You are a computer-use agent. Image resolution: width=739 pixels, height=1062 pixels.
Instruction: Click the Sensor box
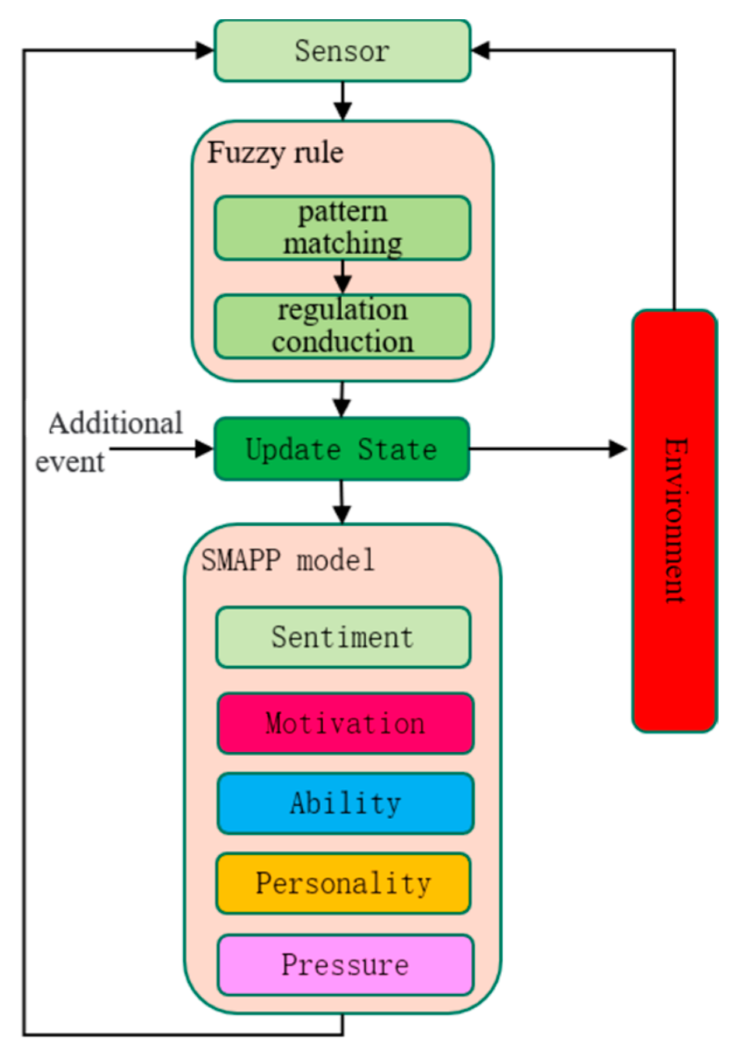pyautogui.click(x=342, y=51)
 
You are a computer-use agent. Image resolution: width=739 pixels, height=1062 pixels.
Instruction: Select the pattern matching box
pyautogui.click(x=342, y=228)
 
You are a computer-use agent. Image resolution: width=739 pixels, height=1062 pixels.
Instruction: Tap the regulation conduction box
pyautogui.click(x=342, y=326)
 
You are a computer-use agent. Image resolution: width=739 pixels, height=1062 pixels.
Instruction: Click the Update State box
pyautogui.click(x=342, y=449)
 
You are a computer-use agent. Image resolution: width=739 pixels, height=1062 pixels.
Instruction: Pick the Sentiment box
pyautogui.click(x=342, y=637)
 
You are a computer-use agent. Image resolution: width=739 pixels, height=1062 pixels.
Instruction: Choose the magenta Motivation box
pyautogui.click(x=345, y=723)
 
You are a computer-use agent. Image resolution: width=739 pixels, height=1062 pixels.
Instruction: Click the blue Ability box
pyautogui.click(x=345, y=803)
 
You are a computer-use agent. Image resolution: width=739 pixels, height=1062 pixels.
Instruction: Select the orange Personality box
pyautogui.click(x=342, y=883)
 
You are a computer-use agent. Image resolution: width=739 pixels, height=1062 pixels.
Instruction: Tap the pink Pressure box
pyautogui.click(x=345, y=965)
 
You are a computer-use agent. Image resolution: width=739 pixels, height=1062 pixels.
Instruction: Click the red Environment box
pyautogui.click(x=674, y=520)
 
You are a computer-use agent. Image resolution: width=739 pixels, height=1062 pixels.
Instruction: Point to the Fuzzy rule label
pyautogui.click(x=275, y=153)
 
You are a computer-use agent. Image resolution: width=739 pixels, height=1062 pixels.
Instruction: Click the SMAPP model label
pyautogui.click(x=288, y=560)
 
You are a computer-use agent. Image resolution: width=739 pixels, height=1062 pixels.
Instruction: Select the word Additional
pyautogui.click(x=115, y=423)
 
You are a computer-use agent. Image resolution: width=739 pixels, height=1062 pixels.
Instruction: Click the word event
pyautogui.click(x=69, y=462)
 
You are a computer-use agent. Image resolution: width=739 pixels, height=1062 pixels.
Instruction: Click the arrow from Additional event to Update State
pyautogui.click(x=161, y=449)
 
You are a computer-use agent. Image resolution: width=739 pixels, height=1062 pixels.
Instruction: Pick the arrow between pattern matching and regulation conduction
pyautogui.click(x=342, y=277)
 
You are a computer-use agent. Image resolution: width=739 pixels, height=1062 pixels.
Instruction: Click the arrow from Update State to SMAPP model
pyautogui.click(x=342, y=502)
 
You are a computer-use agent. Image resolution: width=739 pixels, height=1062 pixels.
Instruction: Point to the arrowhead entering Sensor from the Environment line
pyautogui.click(x=481, y=51)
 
